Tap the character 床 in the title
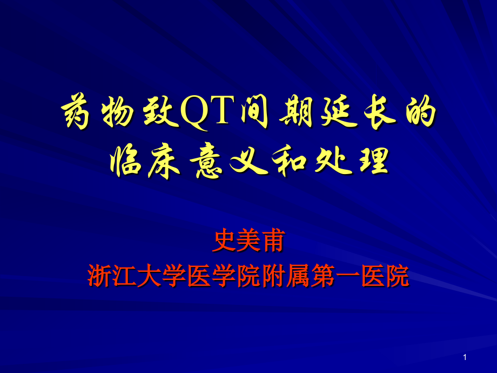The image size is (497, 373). pos(163,161)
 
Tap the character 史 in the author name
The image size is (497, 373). pos(225,242)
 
